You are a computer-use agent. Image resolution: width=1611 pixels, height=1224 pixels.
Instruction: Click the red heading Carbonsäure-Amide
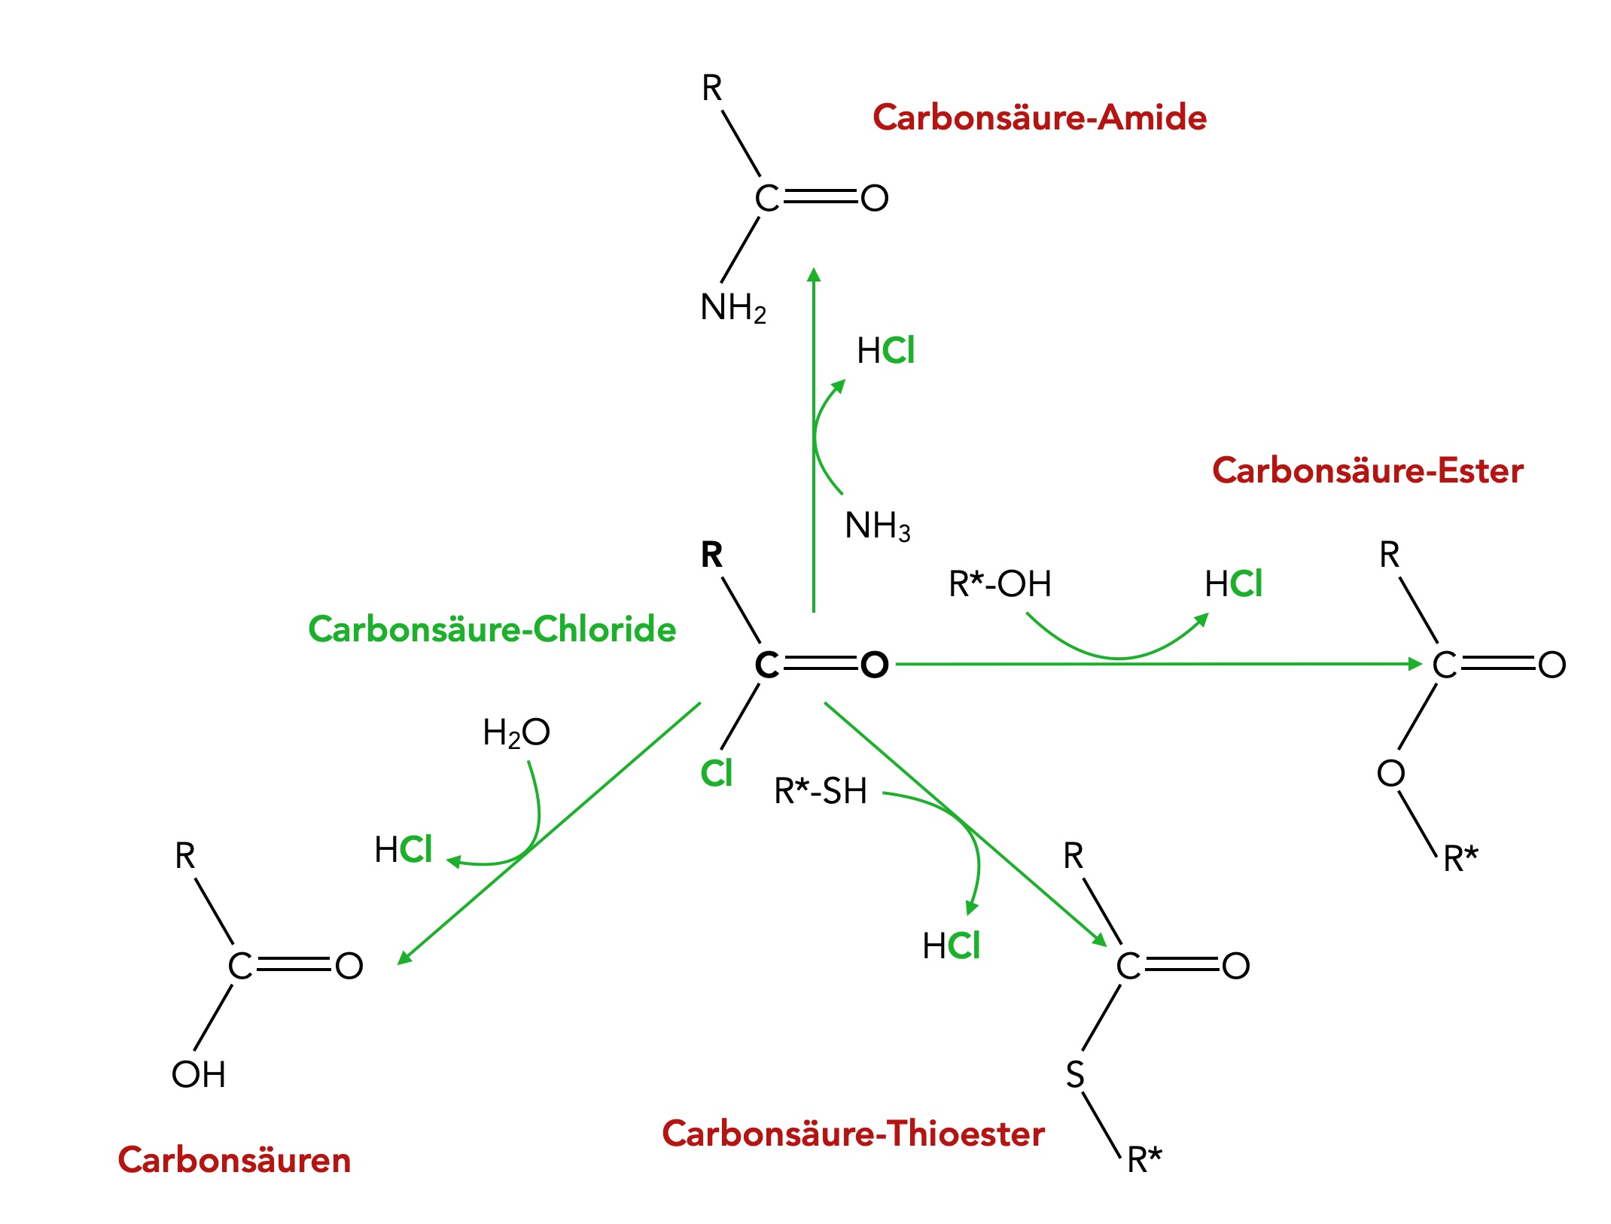click(x=1039, y=117)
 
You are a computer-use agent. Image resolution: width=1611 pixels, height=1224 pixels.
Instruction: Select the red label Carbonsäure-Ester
click(x=1367, y=470)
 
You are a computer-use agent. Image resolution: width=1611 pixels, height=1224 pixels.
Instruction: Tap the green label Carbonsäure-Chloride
click(x=492, y=629)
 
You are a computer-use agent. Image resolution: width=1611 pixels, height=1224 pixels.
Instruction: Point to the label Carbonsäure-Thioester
click(x=853, y=1133)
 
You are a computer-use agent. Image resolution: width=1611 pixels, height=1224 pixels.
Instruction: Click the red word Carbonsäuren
click(x=234, y=1159)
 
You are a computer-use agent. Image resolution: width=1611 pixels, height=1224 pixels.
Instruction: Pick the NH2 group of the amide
click(x=732, y=307)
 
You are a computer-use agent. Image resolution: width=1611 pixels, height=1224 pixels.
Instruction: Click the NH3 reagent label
click(x=877, y=525)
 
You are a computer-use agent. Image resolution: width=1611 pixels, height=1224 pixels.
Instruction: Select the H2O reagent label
click(x=516, y=732)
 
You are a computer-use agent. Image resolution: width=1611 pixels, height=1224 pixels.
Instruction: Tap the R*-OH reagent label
click(x=999, y=583)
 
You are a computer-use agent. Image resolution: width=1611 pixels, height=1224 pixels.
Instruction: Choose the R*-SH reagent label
click(x=820, y=791)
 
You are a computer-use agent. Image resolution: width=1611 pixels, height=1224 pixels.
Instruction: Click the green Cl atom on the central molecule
click(x=716, y=773)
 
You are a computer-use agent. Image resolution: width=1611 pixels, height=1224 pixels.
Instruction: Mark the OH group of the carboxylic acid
click(x=198, y=1074)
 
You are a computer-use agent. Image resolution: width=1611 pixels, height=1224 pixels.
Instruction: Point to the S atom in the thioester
click(x=1075, y=1074)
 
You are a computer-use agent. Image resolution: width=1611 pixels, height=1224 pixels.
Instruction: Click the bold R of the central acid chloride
click(x=711, y=555)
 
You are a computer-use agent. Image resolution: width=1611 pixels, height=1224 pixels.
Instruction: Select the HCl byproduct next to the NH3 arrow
click(x=885, y=351)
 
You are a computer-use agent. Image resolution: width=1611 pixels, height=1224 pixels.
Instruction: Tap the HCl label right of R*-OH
click(x=1233, y=583)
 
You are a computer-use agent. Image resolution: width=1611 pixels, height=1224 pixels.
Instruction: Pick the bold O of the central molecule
click(x=874, y=665)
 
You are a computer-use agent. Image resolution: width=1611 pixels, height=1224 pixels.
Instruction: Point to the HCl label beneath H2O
click(x=403, y=849)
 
